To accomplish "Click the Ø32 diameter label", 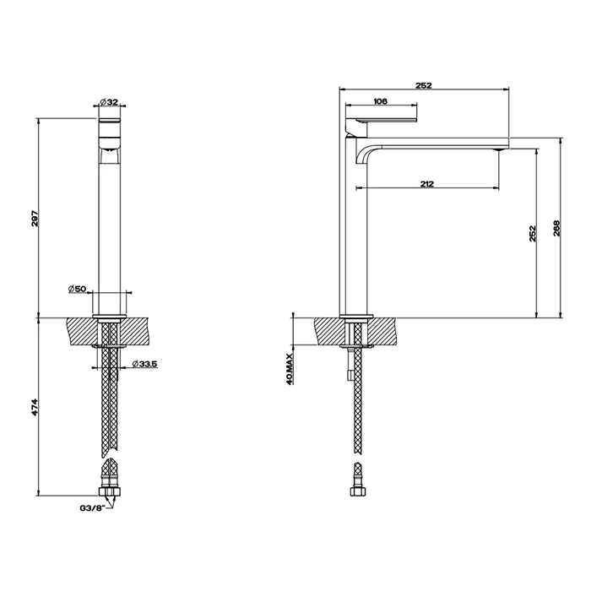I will tap(113, 102).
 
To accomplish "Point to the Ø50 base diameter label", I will tap(79, 290).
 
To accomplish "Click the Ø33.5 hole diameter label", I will tap(145, 365).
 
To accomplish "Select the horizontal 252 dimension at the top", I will tap(424, 84).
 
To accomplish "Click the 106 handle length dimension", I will tap(380, 101).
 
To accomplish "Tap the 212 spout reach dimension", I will tap(426, 185).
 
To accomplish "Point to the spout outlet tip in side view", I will tap(498, 149).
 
